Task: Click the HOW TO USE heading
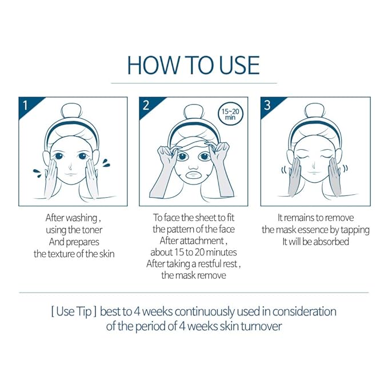[193, 65]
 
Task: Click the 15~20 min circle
[230, 114]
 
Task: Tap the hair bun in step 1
[72, 112]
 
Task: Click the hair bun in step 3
[314, 112]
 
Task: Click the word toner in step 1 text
[92, 230]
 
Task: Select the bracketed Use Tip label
[74, 312]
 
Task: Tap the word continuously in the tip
[205, 312]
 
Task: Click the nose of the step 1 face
[70, 166]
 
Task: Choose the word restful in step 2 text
[209, 264]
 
